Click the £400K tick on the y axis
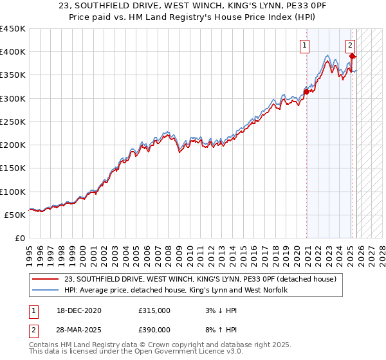coord(13,52)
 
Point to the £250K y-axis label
coord(13,122)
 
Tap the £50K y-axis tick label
coord(15,215)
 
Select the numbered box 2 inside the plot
coord(350,45)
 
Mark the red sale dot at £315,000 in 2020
coord(307,91)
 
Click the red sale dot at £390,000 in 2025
coord(352,57)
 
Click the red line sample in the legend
coord(46,279)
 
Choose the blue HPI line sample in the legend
coord(46,291)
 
